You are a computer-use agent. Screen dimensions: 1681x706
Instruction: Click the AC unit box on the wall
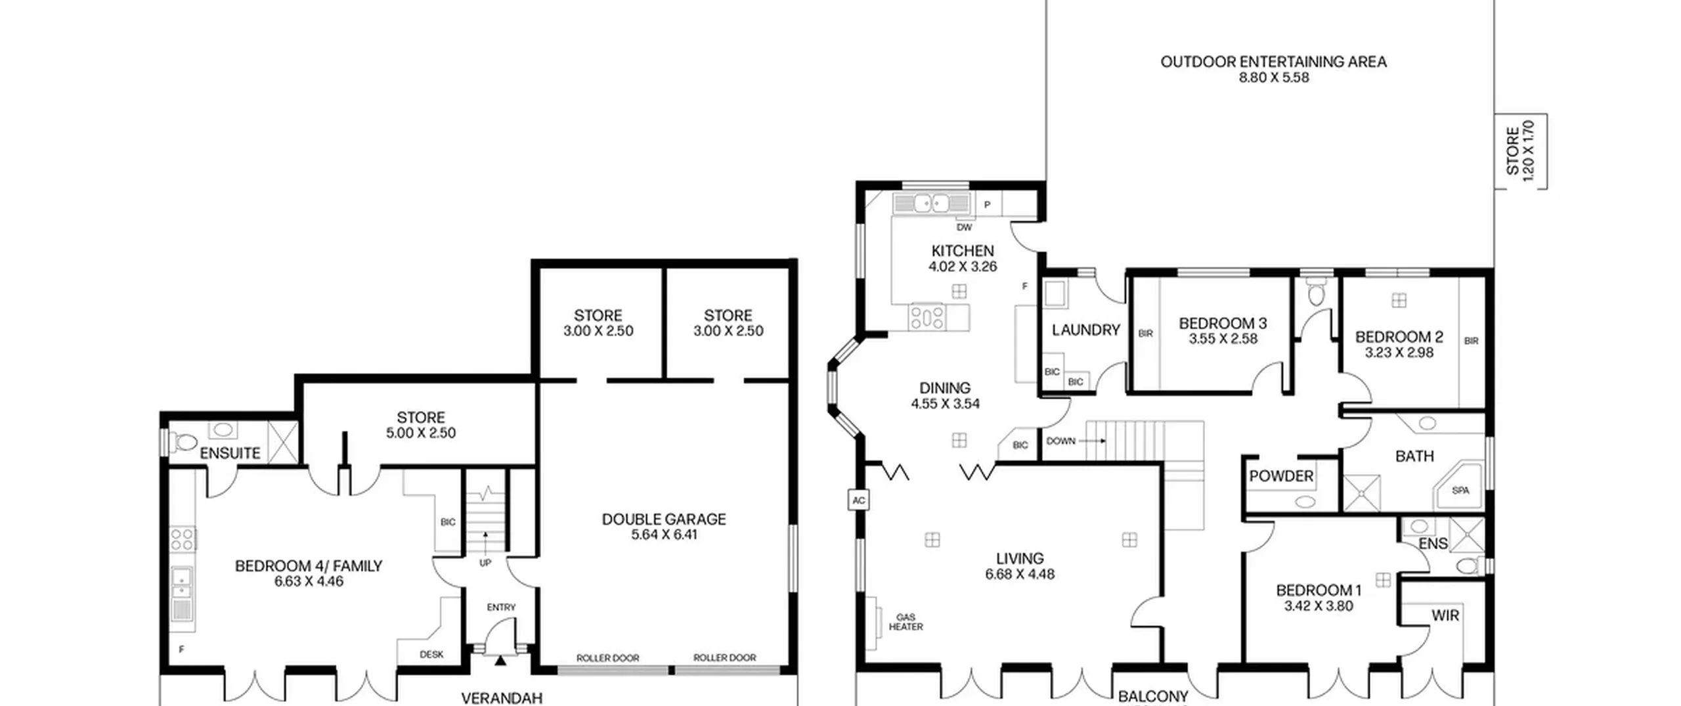coord(858,500)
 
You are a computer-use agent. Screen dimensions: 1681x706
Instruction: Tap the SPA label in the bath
coord(1460,491)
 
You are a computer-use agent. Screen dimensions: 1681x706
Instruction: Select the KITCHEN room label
coord(963,251)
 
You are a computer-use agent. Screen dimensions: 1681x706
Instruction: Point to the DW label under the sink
coord(964,227)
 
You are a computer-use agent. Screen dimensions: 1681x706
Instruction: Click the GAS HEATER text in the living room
coord(906,622)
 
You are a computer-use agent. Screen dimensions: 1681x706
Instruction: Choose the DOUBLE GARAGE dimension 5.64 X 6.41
coord(665,535)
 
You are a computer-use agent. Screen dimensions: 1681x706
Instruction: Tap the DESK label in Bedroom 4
coord(431,654)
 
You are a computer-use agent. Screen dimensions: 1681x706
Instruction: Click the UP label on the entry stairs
coord(485,563)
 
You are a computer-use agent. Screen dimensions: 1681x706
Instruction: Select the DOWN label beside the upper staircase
coord(1061,441)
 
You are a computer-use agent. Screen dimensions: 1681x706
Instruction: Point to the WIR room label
coord(1445,615)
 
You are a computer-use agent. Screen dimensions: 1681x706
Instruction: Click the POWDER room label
coord(1281,476)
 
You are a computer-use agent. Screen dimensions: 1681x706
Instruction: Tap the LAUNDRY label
coord(1086,330)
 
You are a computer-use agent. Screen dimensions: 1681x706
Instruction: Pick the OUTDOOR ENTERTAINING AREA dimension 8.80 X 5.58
coord(1274,77)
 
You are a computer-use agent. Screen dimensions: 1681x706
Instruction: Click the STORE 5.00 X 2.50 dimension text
coord(421,433)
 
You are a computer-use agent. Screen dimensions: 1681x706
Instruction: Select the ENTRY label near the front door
coord(501,607)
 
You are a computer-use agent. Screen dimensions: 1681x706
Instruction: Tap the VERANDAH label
coord(502,698)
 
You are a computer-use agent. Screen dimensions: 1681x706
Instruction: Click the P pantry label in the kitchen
coord(987,205)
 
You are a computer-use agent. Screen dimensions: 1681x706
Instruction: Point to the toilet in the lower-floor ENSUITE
coord(183,441)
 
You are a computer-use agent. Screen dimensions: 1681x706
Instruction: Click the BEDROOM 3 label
coord(1223,323)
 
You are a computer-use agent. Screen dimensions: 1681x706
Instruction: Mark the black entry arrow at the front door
coord(500,660)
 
